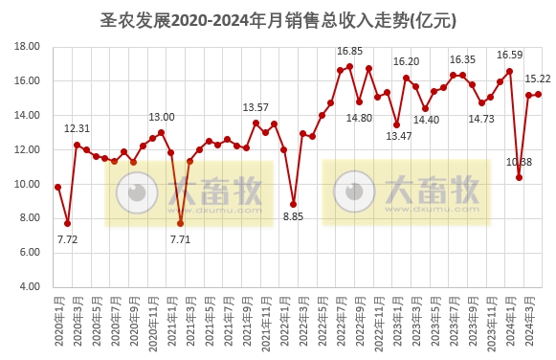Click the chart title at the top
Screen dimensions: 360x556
[278, 18]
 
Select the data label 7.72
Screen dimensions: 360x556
[67, 238]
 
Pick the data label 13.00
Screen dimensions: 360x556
[161, 117]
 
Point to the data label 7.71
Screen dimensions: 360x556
[180, 238]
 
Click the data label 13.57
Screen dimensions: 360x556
[256, 107]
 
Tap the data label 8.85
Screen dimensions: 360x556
[293, 217]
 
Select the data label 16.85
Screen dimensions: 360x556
[349, 51]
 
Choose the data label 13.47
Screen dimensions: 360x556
[397, 137]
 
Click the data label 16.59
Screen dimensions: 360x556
[509, 56]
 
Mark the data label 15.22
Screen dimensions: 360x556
[537, 79]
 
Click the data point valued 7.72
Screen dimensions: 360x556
[67, 223]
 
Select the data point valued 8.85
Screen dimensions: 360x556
[293, 204]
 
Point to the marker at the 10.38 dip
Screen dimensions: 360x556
[519, 177]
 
